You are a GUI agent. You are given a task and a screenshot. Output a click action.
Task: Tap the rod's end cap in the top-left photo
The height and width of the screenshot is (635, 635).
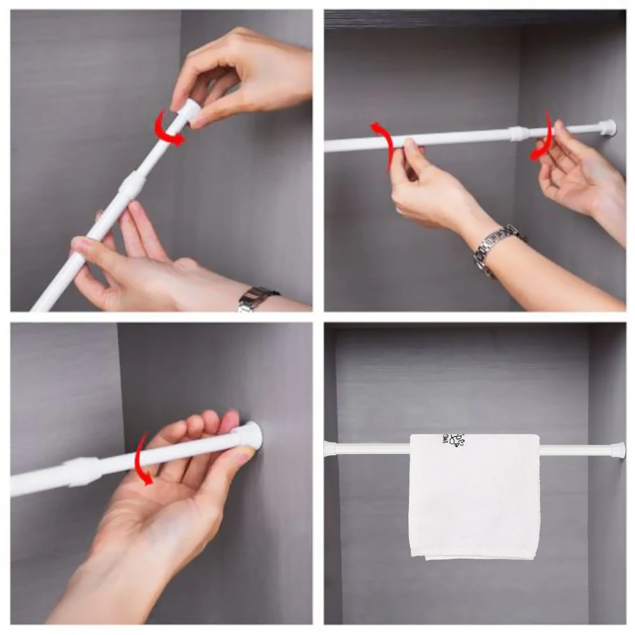tap(188, 109)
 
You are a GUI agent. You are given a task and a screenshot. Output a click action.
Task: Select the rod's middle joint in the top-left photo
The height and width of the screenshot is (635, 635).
tap(132, 185)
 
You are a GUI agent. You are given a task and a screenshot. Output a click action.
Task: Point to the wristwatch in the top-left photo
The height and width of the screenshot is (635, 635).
tap(257, 298)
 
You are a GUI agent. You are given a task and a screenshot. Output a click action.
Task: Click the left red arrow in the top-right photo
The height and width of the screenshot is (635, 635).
tap(382, 144)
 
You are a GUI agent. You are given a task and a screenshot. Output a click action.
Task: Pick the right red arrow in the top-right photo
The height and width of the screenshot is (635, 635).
tap(543, 137)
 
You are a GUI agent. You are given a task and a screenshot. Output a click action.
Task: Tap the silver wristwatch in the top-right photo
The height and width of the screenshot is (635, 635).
tap(496, 247)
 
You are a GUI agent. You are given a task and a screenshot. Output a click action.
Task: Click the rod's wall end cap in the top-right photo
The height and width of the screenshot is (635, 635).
tap(607, 127)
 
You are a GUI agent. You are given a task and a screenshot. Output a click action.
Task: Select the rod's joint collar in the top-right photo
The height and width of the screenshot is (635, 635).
tap(518, 133)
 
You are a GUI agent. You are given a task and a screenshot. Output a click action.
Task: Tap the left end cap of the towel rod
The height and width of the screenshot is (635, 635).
tap(330, 448)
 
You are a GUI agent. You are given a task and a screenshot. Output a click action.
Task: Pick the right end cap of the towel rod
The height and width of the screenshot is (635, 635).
tap(618, 450)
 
